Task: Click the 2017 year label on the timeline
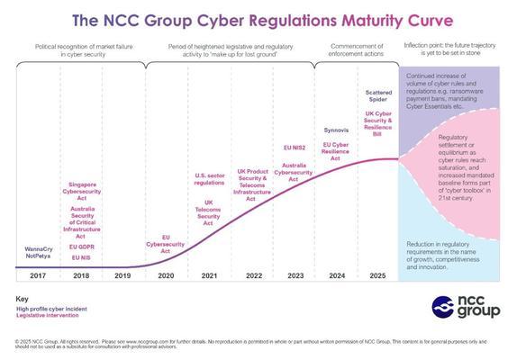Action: click(38, 276)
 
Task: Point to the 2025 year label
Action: click(377, 276)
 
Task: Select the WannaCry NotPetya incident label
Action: click(38, 251)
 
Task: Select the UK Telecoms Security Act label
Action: click(208, 211)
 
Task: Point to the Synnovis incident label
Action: click(335, 129)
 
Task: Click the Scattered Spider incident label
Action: click(377, 96)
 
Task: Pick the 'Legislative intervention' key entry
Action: click(51, 316)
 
